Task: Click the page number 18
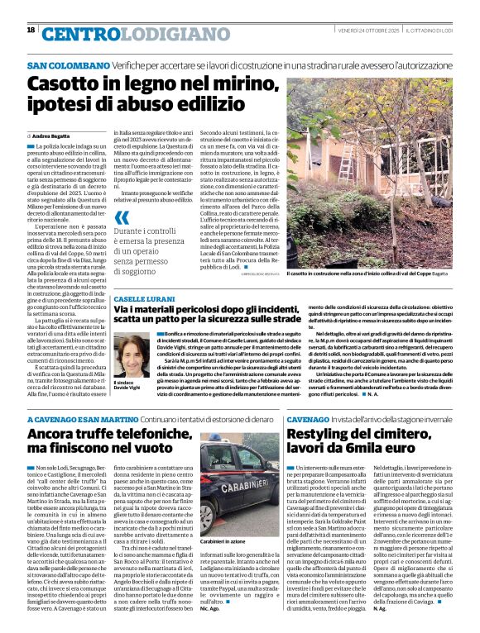tap(31, 30)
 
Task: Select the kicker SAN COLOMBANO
tap(69, 64)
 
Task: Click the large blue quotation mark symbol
tap(122, 217)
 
